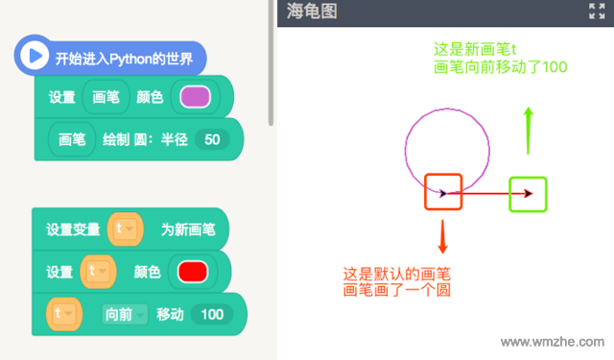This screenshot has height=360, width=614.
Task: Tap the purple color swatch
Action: coord(195,97)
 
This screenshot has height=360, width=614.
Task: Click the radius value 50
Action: coord(212,139)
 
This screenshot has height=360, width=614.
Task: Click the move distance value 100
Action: coord(211,313)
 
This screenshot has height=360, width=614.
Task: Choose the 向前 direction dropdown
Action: coord(125,313)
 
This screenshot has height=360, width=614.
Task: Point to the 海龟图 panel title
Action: coord(313,12)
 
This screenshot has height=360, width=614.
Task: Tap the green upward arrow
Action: coord(528,132)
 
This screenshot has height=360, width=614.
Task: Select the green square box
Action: coord(528,193)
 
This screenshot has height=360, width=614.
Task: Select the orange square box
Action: coord(443,192)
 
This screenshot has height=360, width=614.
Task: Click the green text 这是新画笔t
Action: coord(477,49)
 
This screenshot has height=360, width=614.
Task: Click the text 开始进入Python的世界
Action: coord(124,58)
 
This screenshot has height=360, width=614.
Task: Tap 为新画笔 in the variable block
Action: coord(187,229)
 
